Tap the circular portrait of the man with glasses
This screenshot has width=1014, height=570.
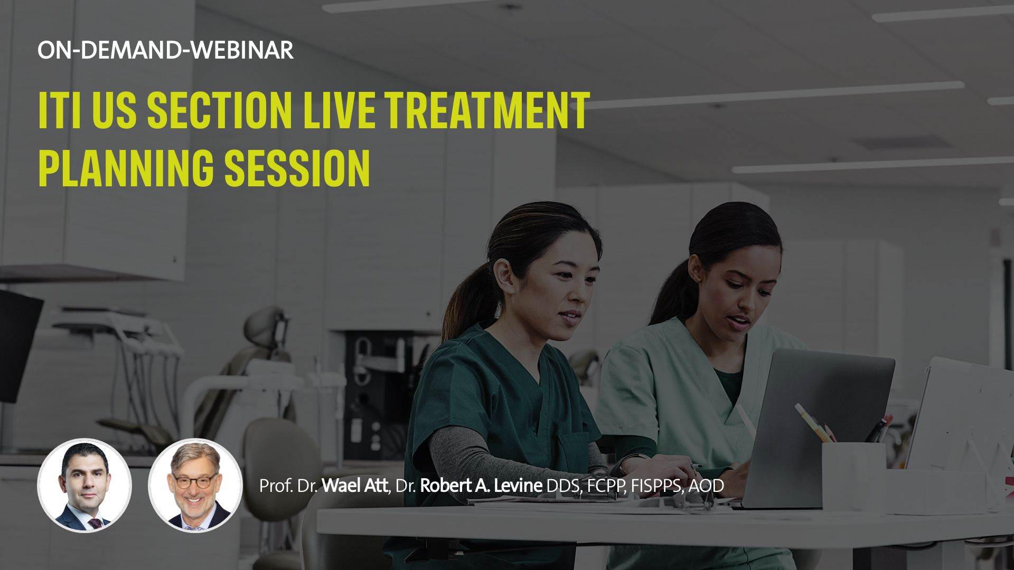tap(195, 486)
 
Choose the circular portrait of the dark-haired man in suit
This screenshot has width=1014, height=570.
tap(84, 486)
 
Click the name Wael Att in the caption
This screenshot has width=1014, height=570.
tap(354, 486)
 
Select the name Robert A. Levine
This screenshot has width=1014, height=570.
tap(481, 486)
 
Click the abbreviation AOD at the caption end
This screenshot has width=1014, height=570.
tap(706, 486)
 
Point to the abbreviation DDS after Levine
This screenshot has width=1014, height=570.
tap(562, 486)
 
